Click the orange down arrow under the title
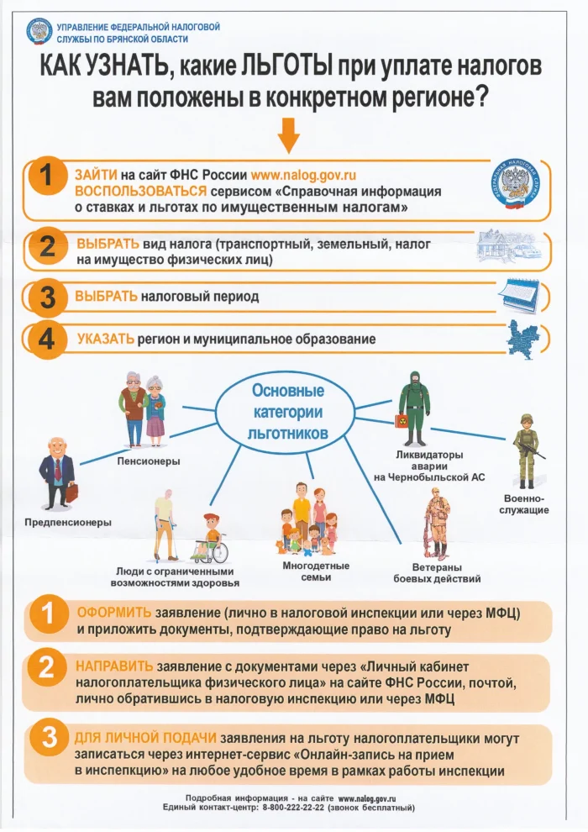click(289, 133)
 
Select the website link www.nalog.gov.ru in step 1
click(303, 175)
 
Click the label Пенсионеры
click(149, 461)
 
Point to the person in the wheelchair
click(211, 541)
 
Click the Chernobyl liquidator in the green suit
click(413, 407)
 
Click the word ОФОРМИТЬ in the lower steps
click(114, 612)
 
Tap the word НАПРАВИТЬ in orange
click(114, 663)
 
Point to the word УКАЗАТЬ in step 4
click(105, 339)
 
